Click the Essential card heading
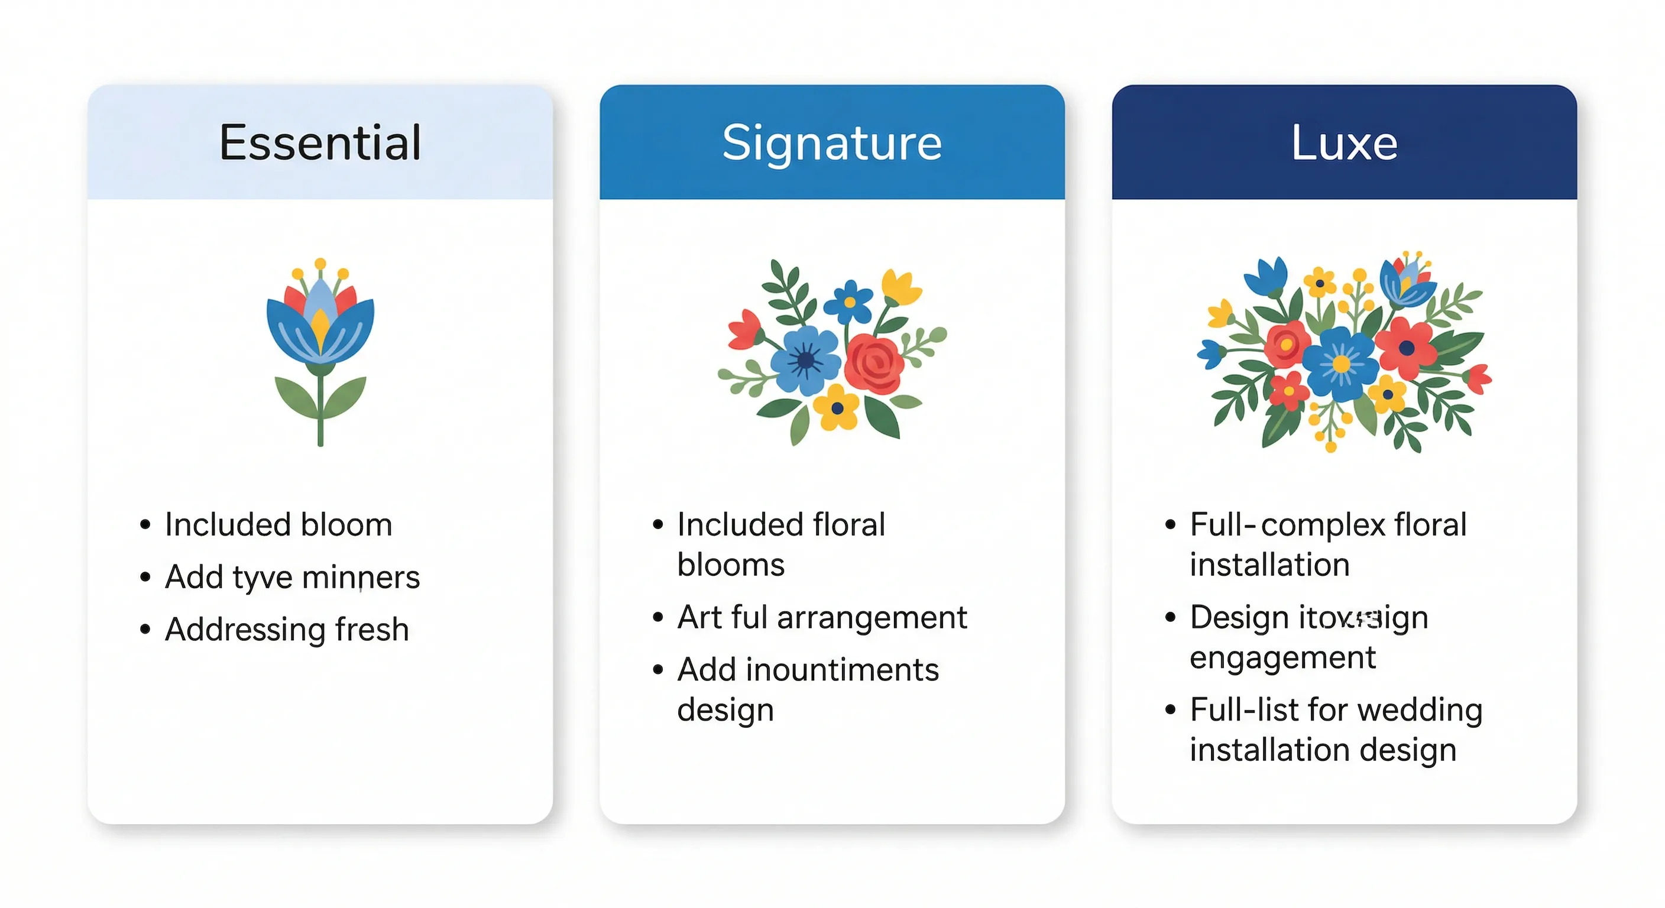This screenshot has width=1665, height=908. (x=320, y=142)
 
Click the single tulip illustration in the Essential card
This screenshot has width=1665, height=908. (x=320, y=349)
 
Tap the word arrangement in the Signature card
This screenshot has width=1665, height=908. (x=872, y=618)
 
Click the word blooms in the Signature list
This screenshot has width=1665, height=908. (x=731, y=565)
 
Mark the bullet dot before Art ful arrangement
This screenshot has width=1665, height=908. (x=658, y=618)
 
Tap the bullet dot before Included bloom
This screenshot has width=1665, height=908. (x=145, y=525)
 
